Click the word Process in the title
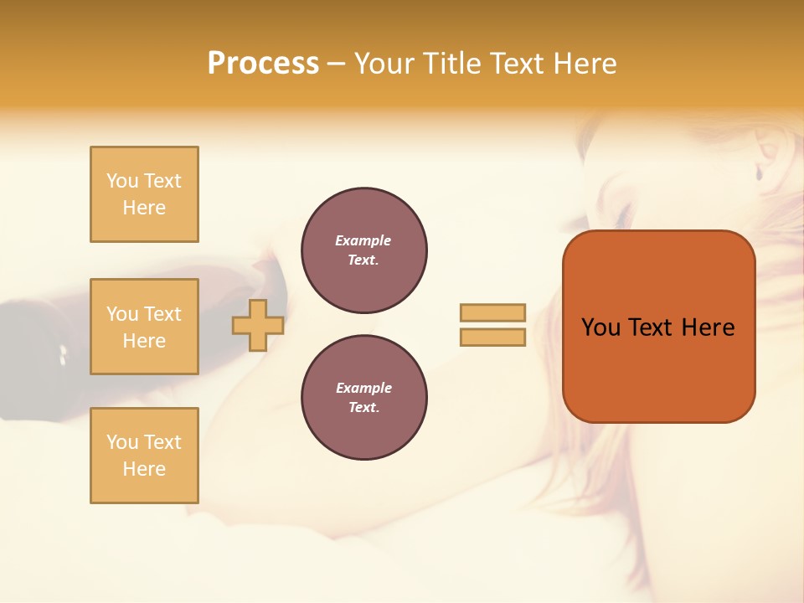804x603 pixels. tap(263, 63)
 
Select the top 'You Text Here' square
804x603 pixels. tap(144, 194)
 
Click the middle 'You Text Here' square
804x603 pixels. tap(144, 327)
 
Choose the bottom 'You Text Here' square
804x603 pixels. tap(144, 456)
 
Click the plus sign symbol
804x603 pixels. tap(257, 325)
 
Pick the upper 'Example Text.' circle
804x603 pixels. tap(363, 250)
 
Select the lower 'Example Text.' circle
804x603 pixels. tap(363, 397)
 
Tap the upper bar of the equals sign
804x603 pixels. tap(492, 312)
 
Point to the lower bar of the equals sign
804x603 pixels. tap(492, 337)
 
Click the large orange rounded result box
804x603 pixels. tap(658, 326)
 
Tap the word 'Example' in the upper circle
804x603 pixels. tap(363, 240)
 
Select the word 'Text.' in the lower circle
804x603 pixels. tap(363, 407)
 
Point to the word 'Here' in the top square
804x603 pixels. tap(144, 208)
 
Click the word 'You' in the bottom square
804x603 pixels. tap(122, 442)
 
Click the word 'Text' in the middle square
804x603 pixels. tap(162, 314)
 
